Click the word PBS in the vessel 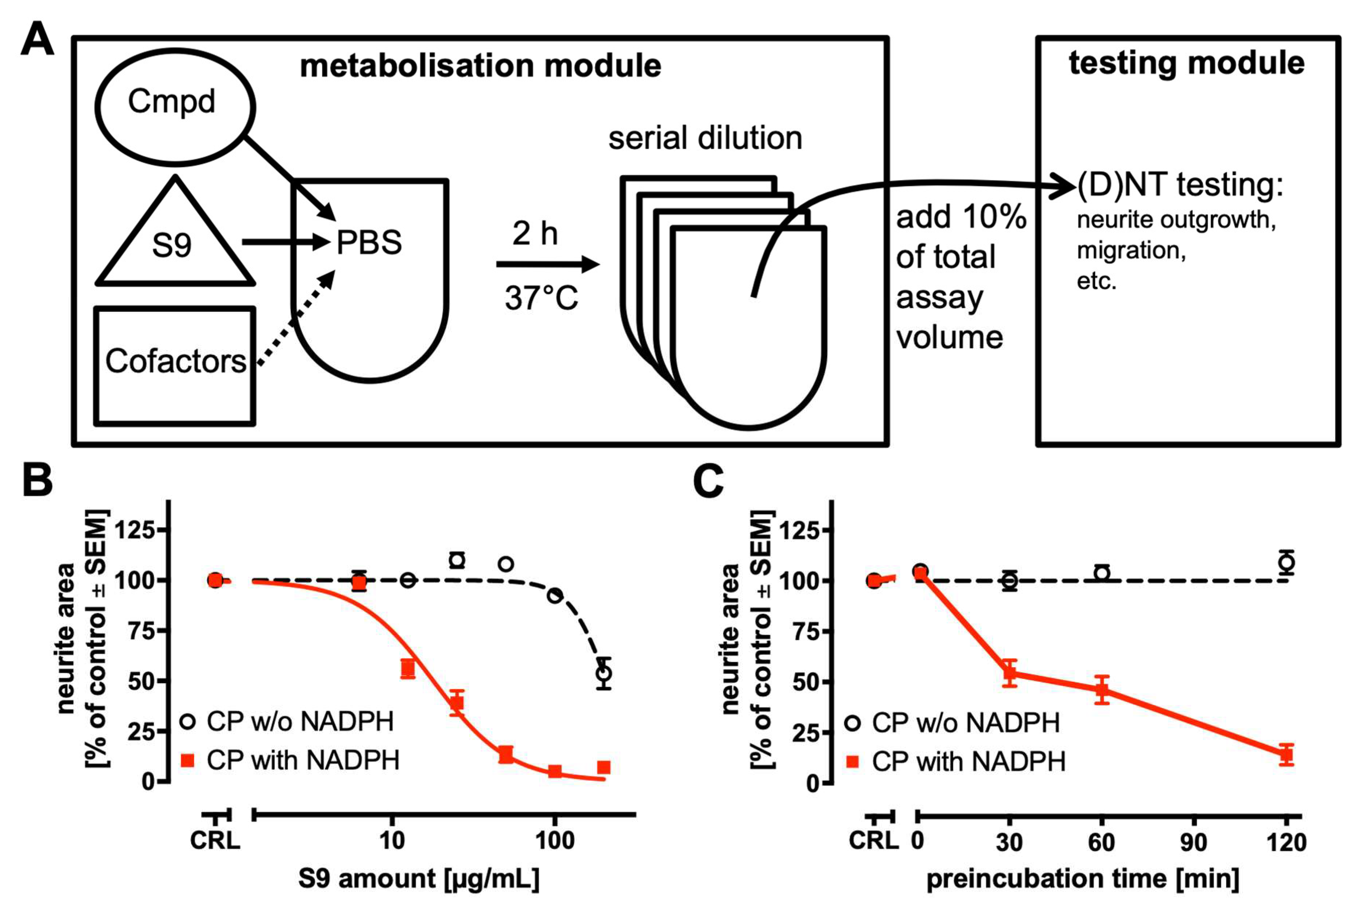tap(368, 242)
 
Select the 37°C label tap(541, 298)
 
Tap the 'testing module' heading tap(1187, 64)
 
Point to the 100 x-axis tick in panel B tap(554, 840)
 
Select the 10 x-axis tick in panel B tap(392, 840)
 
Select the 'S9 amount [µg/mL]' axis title tap(418, 878)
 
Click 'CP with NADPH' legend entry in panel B tap(291, 760)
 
